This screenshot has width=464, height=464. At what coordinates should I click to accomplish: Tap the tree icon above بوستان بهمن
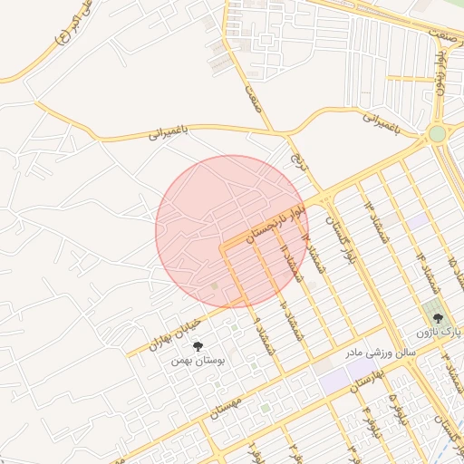[198, 345]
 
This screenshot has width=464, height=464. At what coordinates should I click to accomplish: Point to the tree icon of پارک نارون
[439, 318]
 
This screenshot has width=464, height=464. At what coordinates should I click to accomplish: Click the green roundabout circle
[438, 133]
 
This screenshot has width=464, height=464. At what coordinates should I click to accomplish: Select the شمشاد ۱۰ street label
[291, 316]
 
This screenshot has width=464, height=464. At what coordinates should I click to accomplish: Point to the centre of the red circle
[232, 231]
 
